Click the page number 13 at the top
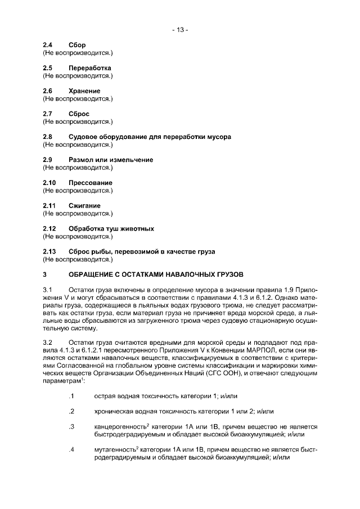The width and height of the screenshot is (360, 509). [x=180, y=30]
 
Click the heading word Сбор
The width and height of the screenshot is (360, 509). [x=77, y=45]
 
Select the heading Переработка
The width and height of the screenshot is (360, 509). [x=89, y=68]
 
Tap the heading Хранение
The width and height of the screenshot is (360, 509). [x=84, y=91]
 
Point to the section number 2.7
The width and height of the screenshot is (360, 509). [x=48, y=114]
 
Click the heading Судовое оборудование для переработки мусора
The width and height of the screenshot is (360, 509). [x=149, y=137]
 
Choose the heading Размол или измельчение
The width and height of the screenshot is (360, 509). [x=110, y=160]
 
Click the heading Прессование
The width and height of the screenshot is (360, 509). [x=90, y=183]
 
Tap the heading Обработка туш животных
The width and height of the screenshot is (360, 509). [x=111, y=229]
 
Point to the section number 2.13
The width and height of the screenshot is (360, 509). [x=50, y=251]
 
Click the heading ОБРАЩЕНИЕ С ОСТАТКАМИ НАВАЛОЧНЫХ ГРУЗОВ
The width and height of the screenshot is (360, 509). [x=156, y=274]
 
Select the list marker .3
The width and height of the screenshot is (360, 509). [x=71, y=427]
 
